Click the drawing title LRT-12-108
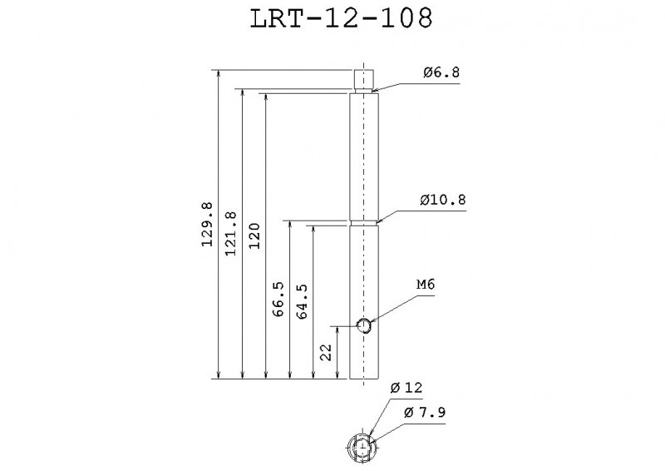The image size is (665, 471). (x=341, y=19)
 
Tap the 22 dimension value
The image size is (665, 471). (x=326, y=354)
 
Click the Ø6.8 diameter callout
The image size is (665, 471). (x=441, y=72)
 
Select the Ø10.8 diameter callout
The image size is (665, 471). (x=444, y=200)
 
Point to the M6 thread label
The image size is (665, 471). (x=426, y=285)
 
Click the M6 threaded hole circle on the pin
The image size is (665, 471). (x=364, y=325)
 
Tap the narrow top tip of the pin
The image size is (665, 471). (x=364, y=79)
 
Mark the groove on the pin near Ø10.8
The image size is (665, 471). (x=364, y=222)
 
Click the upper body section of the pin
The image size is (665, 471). (x=364, y=154)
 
